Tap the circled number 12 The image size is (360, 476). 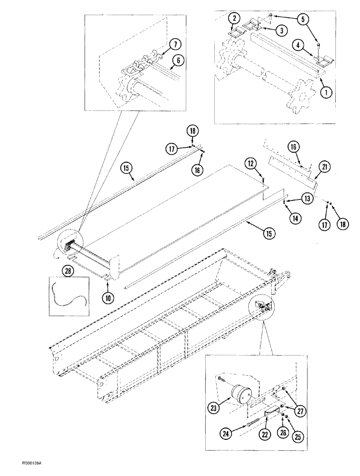pyautogui.click(x=250, y=164)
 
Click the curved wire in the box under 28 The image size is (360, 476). pyautogui.click(x=68, y=295)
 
